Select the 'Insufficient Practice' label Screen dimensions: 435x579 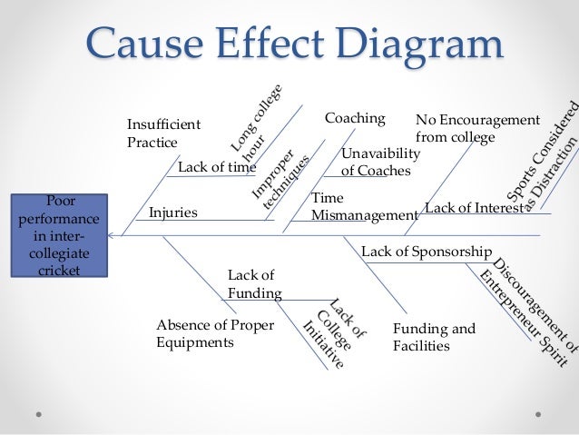[163, 133]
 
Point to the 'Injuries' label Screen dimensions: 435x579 [172, 213]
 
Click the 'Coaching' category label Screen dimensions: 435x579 [355, 119]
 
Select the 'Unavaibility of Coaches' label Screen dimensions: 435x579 [380, 162]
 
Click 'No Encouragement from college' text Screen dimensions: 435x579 [476, 128]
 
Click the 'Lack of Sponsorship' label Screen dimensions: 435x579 [427, 251]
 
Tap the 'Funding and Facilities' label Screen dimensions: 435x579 [433, 336]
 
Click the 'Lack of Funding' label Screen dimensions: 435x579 [254, 283]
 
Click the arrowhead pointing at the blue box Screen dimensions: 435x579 [111, 235]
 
